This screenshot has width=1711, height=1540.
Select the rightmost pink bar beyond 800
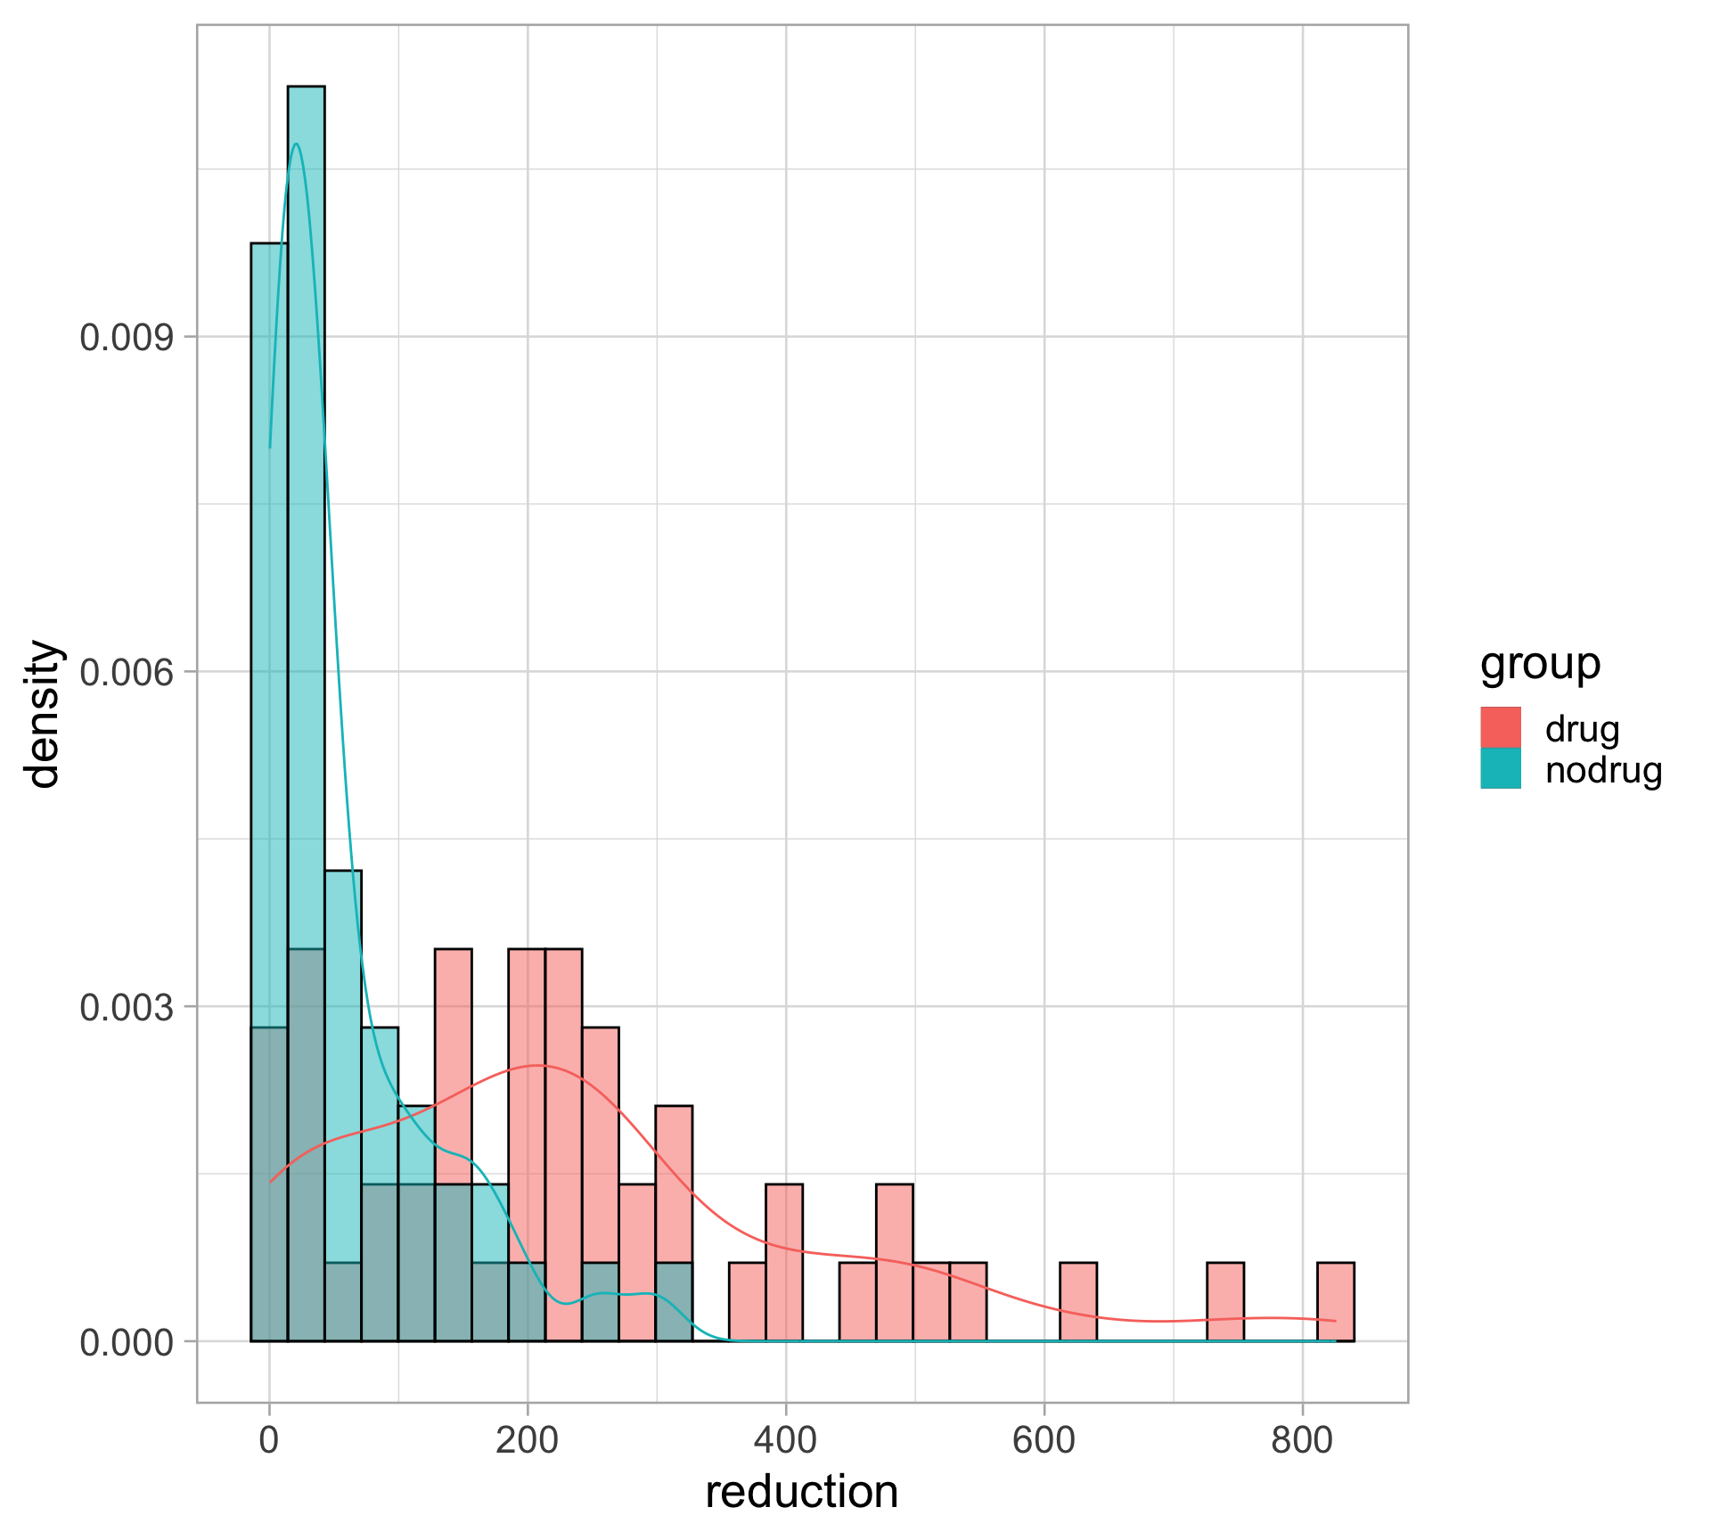[1335, 1302]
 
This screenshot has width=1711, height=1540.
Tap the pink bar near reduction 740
[1224, 1302]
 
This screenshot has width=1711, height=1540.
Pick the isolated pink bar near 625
[1077, 1302]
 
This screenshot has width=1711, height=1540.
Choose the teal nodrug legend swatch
[1501, 768]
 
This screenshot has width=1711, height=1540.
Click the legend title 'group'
[1540, 664]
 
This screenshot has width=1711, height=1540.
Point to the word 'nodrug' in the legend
[1603, 770]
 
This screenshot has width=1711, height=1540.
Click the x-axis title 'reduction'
[801, 1492]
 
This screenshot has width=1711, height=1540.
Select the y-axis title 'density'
[43, 714]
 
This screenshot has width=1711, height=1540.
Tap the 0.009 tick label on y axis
[127, 338]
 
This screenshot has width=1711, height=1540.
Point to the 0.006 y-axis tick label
[127, 673]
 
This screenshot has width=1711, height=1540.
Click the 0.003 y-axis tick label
[127, 1008]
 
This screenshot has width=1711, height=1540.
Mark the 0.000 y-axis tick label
[127, 1342]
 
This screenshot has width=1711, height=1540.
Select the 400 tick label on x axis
[785, 1440]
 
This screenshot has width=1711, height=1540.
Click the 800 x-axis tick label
[1302, 1440]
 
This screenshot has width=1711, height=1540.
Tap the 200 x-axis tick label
[528, 1440]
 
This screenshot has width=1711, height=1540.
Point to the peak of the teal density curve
[296, 144]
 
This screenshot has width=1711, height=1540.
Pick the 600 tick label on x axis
[1044, 1440]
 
